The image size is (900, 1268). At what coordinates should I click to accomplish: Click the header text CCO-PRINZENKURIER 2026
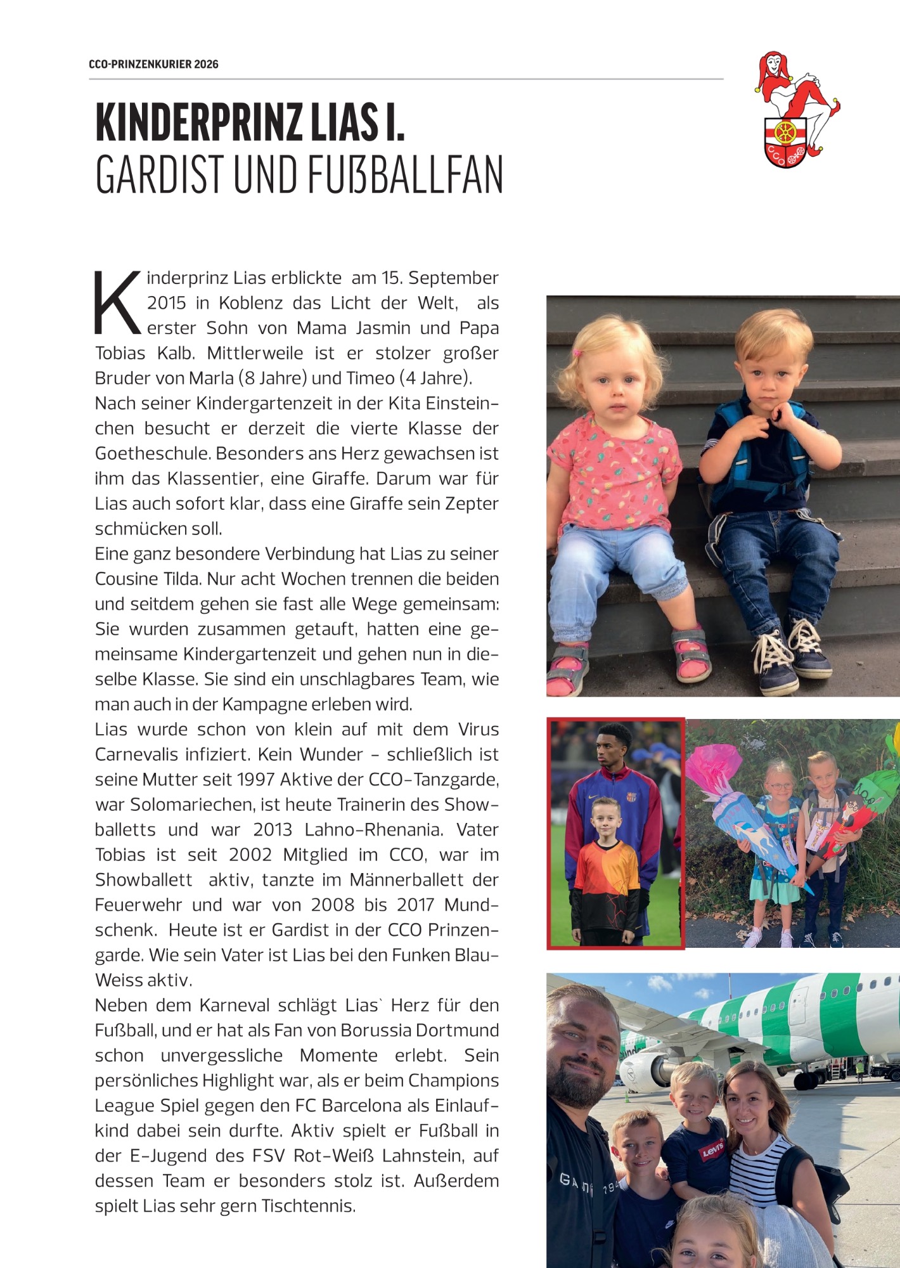click(x=153, y=64)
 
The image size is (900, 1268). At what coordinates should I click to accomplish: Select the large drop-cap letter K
click(x=117, y=303)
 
